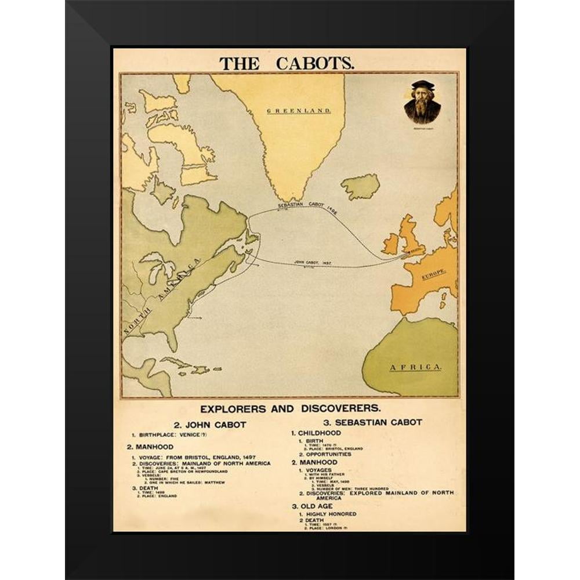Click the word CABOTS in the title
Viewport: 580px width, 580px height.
coord(314,63)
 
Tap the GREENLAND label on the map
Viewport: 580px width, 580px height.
coord(298,110)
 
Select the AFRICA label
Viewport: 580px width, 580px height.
coord(415,367)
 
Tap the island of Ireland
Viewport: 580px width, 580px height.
coord(390,244)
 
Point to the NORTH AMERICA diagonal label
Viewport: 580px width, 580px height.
coord(162,296)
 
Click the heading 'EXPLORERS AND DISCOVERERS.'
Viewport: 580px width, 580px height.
coord(289,408)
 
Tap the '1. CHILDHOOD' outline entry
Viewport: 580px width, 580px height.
coord(316,433)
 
